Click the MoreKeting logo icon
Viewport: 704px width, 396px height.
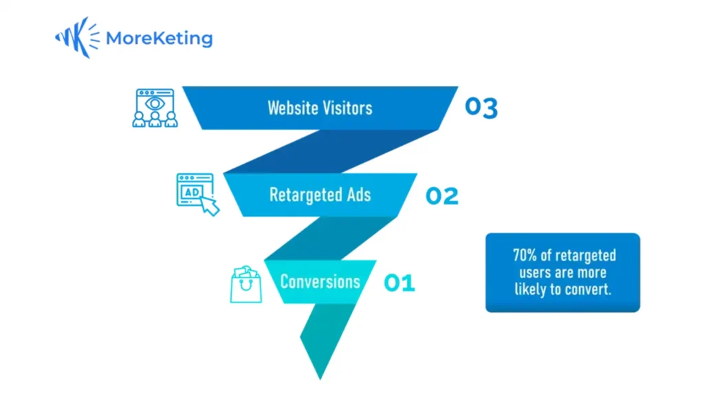click(x=77, y=38)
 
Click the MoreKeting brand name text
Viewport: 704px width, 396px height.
click(x=159, y=38)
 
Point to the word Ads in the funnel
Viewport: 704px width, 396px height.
click(x=359, y=195)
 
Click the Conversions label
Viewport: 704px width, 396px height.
click(x=320, y=282)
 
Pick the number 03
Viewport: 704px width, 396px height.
click(x=481, y=107)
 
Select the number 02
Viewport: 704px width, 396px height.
click(x=442, y=196)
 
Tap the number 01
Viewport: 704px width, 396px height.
click(x=399, y=283)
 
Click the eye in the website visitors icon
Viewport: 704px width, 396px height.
click(x=155, y=104)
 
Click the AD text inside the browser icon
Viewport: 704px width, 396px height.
click(x=192, y=192)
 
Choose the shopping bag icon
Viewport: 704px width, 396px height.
click(x=245, y=284)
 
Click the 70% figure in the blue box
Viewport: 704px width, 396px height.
click(x=525, y=256)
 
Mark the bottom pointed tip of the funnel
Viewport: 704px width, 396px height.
click(x=320, y=379)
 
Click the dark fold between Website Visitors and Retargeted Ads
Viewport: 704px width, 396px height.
click(x=330, y=151)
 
